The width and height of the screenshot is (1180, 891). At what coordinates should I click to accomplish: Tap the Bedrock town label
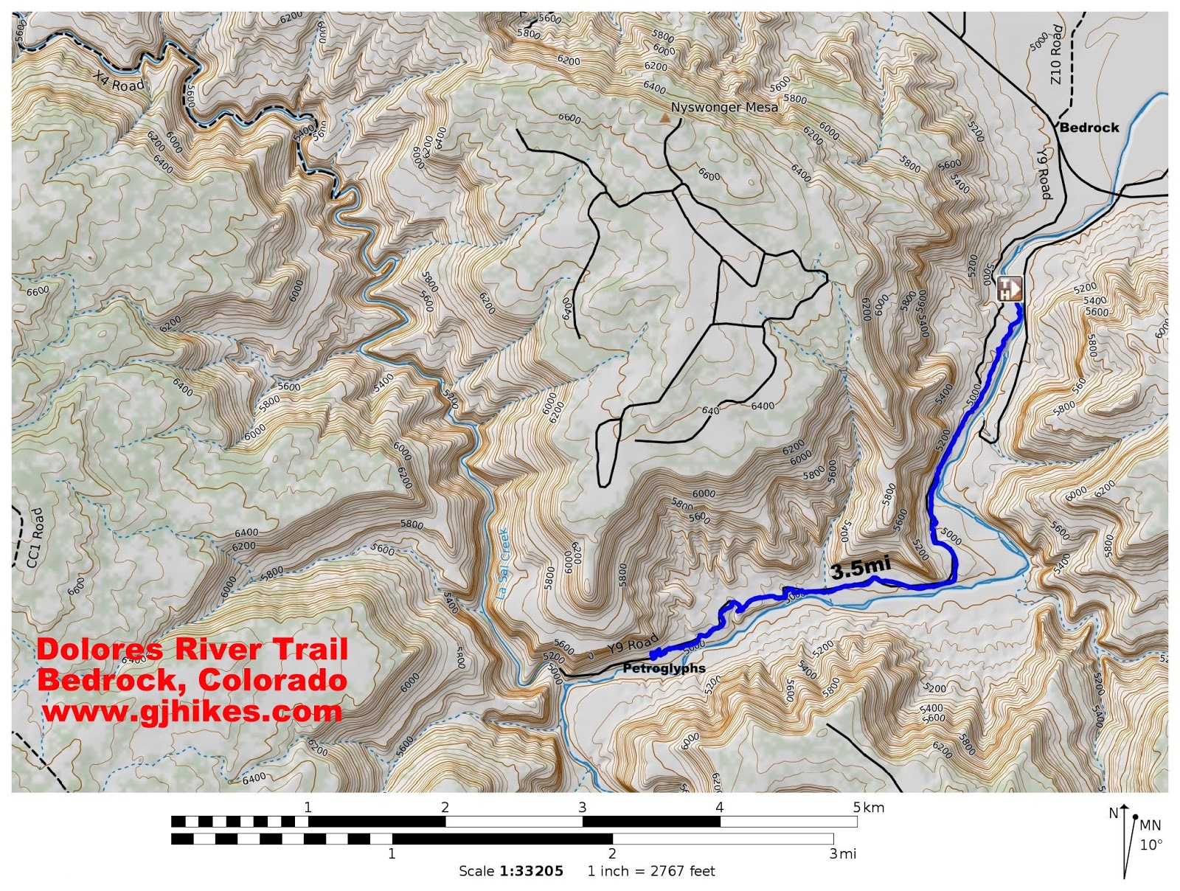click(1089, 128)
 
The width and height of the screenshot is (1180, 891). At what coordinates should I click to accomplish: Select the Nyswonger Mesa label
click(723, 108)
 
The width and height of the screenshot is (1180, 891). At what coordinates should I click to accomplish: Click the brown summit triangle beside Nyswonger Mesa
click(664, 117)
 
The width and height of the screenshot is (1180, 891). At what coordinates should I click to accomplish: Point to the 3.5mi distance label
click(861, 568)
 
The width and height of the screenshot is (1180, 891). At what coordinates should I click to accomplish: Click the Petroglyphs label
click(664, 668)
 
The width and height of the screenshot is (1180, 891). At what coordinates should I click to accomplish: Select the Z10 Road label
click(1057, 55)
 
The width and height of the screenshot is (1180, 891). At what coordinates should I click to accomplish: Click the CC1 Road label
click(35, 538)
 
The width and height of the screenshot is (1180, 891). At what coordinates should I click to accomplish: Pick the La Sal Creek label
click(502, 564)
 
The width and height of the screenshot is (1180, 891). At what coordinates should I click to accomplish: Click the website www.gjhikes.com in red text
click(192, 712)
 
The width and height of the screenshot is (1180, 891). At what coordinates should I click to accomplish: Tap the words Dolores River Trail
click(192, 649)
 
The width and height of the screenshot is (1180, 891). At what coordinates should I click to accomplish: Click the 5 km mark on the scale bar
click(868, 808)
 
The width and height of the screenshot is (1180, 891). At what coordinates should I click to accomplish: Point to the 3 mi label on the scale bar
click(842, 854)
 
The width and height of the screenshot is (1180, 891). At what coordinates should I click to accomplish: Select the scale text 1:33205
click(531, 871)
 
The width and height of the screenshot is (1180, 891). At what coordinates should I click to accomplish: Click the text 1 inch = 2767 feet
click(651, 871)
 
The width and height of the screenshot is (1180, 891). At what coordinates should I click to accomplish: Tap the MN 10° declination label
click(1150, 835)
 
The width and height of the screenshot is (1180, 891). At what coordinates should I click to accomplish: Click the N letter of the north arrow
click(1113, 814)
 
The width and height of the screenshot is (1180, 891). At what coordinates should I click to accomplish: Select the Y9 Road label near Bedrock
click(1043, 174)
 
